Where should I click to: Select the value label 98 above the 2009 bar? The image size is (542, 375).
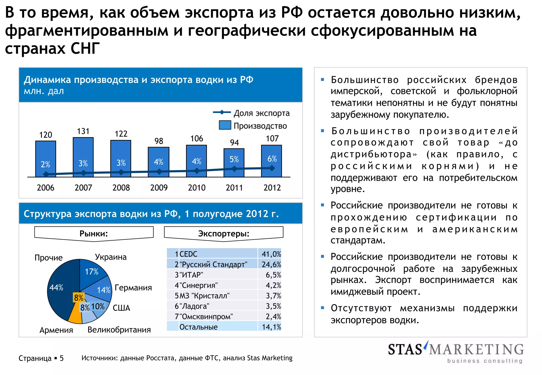(x=159, y=141)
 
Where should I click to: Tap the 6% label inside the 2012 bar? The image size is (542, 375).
(x=272, y=159)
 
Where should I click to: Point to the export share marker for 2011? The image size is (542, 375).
(x=234, y=169)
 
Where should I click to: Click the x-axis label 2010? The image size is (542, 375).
(x=197, y=188)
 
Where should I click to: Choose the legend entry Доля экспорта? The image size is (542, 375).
(x=251, y=113)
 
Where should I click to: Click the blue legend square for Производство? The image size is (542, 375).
(x=225, y=125)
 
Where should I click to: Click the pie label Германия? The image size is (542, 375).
(x=133, y=288)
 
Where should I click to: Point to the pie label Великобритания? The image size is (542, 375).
(x=119, y=330)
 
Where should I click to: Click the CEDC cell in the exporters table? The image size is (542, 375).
(x=188, y=254)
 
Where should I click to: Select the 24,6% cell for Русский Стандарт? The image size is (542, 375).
(x=271, y=264)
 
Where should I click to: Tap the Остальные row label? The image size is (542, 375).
(x=198, y=327)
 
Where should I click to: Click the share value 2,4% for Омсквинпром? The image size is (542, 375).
(x=273, y=317)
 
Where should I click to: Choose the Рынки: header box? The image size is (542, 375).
(x=94, y=234)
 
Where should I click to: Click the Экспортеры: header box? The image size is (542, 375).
(x=224, y=234)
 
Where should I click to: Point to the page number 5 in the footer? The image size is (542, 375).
(x=62, y=358)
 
